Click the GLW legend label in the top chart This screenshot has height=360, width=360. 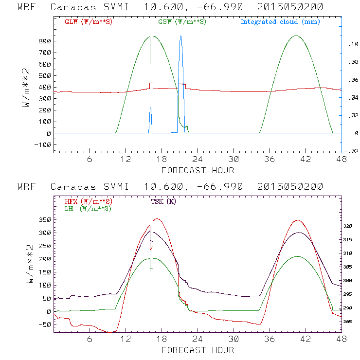point(88,22)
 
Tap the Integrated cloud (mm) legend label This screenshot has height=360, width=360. point(280,22)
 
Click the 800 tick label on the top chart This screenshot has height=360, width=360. point(45,41)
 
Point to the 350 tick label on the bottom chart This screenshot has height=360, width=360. point(45,219)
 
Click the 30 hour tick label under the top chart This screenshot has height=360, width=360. point(234,159)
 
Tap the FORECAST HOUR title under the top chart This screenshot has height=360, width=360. point(198,170)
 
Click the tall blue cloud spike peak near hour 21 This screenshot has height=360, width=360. point(180,36)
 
